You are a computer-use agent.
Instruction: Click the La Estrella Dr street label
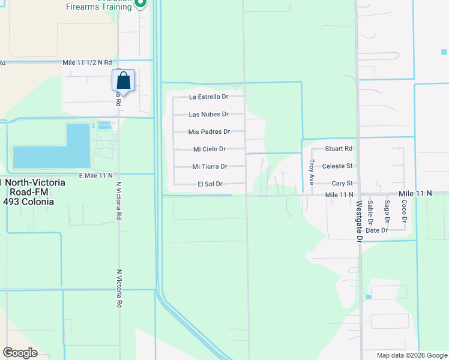(x=208, y=97)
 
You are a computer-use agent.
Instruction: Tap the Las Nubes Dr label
(x=208, y=114)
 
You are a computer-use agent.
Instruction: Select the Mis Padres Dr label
(x=209, y=131)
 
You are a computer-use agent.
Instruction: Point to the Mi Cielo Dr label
(x=209, y=149)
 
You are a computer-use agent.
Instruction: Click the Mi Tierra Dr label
(x=209, y=167)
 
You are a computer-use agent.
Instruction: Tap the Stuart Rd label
(x=339, y=148)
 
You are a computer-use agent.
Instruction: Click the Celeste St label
(x=337, y=166)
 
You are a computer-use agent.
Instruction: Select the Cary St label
(x=342, y=184)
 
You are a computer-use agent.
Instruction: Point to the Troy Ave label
(x=311, y=170)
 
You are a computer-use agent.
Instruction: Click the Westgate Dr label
(x=359, y=221)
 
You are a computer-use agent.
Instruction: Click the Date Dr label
(x=376, y=230)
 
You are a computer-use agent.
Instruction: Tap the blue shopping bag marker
(x=123, y=80)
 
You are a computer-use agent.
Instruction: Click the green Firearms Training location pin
(x=140, y=4)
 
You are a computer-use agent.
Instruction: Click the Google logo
(x=20, y=353)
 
